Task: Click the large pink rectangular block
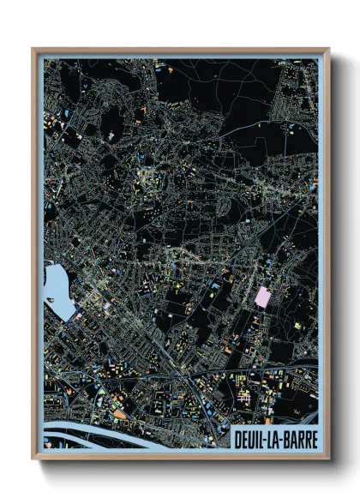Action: (263, 297)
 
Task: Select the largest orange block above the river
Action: (120, 412)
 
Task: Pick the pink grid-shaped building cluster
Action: (243, 395)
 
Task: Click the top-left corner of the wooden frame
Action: (33, 49)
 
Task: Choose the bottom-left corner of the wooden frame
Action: (33, 458)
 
